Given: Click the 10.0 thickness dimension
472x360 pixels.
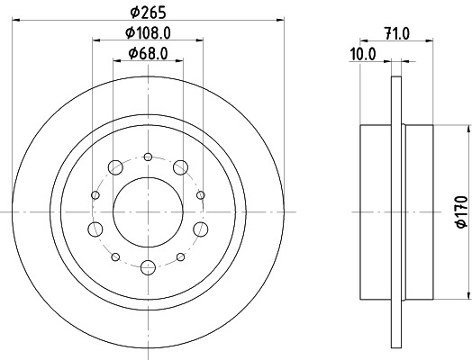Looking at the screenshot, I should tap(363, 54).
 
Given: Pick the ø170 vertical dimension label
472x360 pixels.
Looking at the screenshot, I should tap(460, 210).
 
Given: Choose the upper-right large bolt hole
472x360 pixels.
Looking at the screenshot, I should tap(180, 166).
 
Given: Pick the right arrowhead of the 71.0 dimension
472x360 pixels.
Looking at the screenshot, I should tap(433, 41).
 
